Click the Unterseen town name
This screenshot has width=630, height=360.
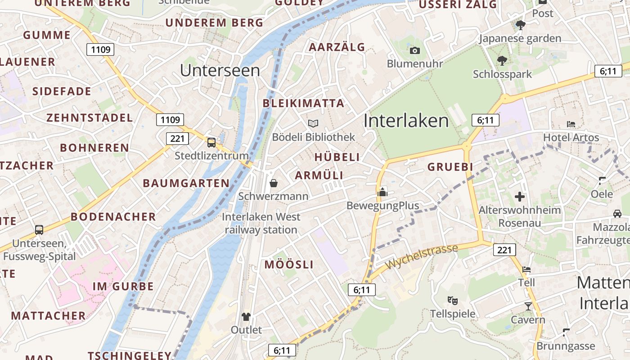pos(220,71)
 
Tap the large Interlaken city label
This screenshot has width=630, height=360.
pos(406,121)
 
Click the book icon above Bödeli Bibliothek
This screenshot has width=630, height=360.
pos(313,123)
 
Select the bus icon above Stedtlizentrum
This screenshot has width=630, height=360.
pos(211,143)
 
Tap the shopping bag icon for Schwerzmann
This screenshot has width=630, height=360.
pos(273,183)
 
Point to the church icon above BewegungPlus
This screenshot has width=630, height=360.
pos(382,193)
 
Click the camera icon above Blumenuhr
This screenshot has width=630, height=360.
pos(415,50)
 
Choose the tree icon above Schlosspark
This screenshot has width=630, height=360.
pos(502,61)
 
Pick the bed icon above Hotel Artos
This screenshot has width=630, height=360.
pos(571,124)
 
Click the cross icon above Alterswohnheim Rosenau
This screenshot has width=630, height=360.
pos(520,197)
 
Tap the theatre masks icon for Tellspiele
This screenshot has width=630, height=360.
pos(452,300)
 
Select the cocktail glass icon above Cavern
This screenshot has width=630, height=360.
pos(528,306)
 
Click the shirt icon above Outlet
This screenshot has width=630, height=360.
pos(246,316)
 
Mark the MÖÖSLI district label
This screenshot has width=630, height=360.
pos(289,265)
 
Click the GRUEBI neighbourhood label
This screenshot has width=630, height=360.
pos(450,167)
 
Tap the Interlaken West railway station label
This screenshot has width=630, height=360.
pos(261,223)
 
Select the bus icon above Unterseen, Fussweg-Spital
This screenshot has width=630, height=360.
pos(39,230)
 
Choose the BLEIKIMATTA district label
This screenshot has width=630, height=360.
pos(303,103)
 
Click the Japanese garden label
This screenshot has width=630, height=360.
pos(520,38)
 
